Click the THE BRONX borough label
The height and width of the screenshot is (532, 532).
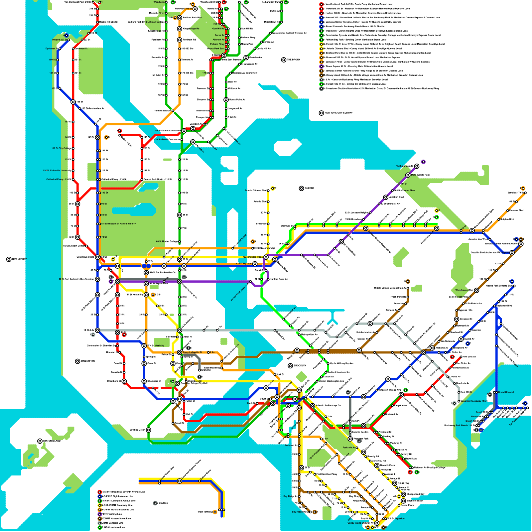pos(293,60)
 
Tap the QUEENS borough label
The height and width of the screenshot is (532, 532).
pos(309,189)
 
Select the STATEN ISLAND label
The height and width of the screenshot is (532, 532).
pos(52,441)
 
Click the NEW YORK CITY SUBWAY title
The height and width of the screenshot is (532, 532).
pos(338,113)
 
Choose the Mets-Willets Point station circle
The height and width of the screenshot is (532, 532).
pos(408,175)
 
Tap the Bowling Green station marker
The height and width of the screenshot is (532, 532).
pos(149,430)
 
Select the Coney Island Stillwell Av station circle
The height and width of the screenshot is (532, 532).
pos(377,523)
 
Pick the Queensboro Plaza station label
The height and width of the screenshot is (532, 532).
pos(253,257)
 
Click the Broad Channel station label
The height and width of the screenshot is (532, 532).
pos(506,392)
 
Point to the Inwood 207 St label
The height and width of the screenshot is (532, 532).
pos(60,40)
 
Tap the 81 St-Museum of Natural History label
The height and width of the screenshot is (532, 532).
pos(118,224)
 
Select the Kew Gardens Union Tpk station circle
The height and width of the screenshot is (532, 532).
pos(472,230)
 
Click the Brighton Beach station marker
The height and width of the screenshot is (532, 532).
pos(403,501)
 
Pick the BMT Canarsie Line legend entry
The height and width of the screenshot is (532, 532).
pos(113,523)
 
